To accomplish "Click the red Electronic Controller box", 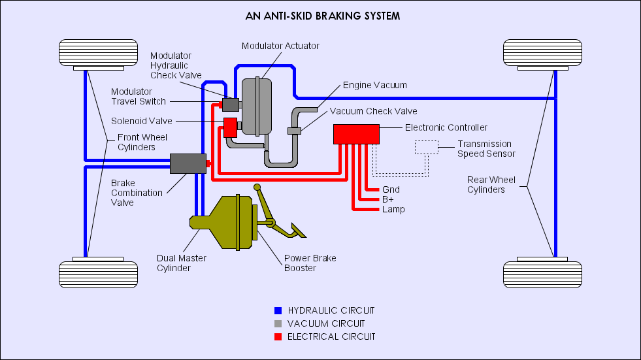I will pyautogui.click(x=356, y=134).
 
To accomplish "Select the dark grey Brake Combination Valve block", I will pyautogui.click(x=188, y=163).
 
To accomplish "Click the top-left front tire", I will pyautogui.click(x=98, y=52).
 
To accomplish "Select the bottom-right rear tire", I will pyautogui.click(x=542, y=274).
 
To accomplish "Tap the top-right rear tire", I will pyautogui.click(x=542, y=52).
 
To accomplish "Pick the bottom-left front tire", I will pyautogui.click(x=98, y=274).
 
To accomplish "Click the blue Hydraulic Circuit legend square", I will pyautogui.click(x=278, y=310).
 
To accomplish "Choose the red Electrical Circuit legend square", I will pyautogui.click(x=278, y=336).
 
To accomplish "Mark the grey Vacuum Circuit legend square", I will pyautogui.click(x=278, y=323).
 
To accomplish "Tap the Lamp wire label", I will pyautogui.click(x=393, y=209).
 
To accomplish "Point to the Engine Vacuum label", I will pyautogui.click(x=375, y=85).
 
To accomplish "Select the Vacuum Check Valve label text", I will pyautogui.click(x=373, y=111).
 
